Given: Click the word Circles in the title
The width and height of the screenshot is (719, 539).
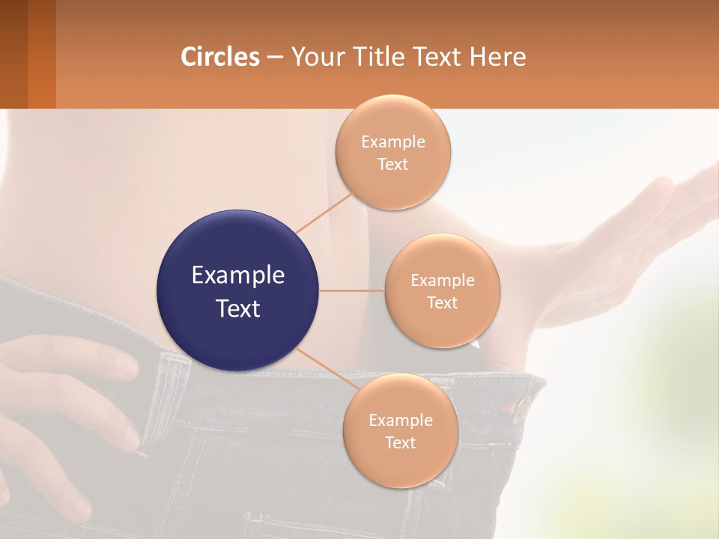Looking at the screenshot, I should click(x=220, y=56).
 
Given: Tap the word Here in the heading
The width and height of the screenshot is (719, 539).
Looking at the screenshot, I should click(x=497, y=56).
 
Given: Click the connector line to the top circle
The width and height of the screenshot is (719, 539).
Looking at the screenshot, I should click(x=324, y=212).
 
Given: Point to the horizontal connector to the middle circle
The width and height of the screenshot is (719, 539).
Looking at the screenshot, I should click(x=352, y=290).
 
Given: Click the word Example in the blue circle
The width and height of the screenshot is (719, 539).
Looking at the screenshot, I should click(x=238, y=275).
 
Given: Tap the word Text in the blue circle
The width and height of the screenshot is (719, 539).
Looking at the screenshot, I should click(x=238, y=308).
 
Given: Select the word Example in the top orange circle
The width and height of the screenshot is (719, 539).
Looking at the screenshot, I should click(x=392, y=141).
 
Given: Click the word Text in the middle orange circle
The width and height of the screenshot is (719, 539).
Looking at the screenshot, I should click(x=442, y=302).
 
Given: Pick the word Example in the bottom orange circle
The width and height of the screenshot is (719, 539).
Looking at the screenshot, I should click(x=400, y=420).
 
